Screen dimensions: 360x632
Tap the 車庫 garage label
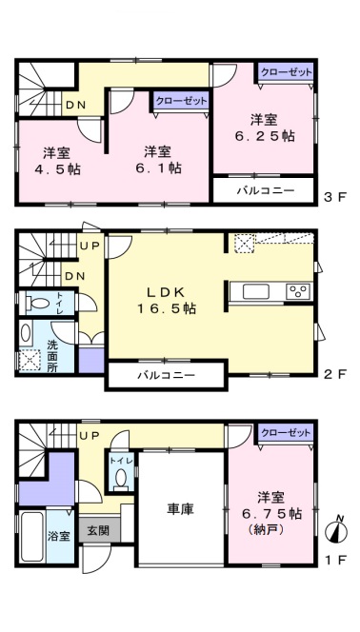coord(180,509)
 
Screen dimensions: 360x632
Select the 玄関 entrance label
coord(98,530)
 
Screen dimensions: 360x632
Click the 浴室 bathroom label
coord(60,536)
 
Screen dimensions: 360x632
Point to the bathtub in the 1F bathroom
coord(32,537)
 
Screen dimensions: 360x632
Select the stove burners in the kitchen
coord(298,291)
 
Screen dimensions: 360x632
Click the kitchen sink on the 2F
coord(256,291)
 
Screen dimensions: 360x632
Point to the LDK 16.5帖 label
coord(167,300)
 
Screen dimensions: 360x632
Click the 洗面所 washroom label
coord(52,356)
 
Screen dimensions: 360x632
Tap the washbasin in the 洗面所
coord(26,334)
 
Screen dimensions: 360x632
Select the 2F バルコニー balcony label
coord(166,376)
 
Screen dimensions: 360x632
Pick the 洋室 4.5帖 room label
coord(57,161)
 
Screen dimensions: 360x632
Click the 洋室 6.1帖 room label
coord(158,160)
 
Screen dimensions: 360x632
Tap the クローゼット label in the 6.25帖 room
coord(286,72)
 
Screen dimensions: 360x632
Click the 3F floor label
coord(335,198)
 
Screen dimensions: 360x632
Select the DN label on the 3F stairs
coord(75,106)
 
